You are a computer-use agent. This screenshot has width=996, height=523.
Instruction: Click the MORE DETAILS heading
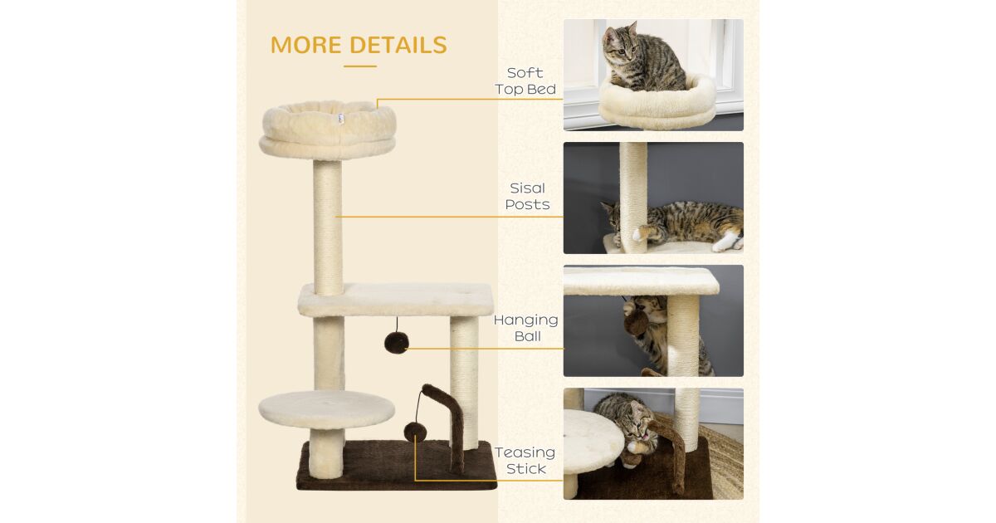[x=359, y=45]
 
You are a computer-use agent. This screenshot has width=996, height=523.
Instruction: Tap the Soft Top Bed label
[x=525, y=81]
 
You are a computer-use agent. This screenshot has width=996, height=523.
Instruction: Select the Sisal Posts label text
[x=527, y=196]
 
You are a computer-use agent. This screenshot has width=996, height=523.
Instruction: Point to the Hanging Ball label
[x=526, y=328]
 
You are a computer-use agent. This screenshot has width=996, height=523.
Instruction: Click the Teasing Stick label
[x=525, y=460]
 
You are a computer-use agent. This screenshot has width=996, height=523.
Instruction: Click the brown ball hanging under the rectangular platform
[x=396, y=343]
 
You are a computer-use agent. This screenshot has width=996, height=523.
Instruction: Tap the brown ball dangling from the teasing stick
[x=415, y=433]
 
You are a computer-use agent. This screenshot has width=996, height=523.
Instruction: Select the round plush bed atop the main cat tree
[x=328, y=129]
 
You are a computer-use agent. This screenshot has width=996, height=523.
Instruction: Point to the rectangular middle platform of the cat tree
[x=396, y=300]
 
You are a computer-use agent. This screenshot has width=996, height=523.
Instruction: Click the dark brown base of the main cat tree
[x=397, y=465]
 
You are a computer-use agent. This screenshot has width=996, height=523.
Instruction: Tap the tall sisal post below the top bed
[x=328, y=227]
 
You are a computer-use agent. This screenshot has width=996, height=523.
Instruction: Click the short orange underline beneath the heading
[x=360, y=66]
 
